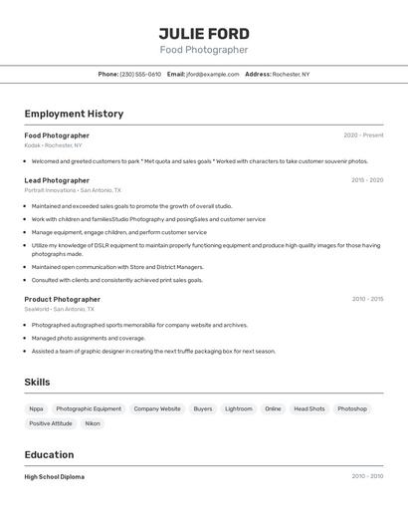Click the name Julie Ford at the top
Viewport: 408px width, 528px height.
(x=204, y=34)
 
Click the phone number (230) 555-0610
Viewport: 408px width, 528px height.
(x=140, y=74)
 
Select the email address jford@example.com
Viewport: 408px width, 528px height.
(x=212, y=74)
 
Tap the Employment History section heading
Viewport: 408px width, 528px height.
(x=74, y=114)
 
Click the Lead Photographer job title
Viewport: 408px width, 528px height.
(x=57, y=180)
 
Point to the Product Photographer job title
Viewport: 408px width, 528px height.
(x=62, y=299)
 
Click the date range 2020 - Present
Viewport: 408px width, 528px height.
(x=363, y=135)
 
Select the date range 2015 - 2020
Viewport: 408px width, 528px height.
(x=367, y=180)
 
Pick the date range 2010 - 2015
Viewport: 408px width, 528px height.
(x=367, y=299)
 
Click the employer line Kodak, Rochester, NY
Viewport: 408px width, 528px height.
(x=53, y=145)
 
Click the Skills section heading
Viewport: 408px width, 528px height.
(x=37, y=382)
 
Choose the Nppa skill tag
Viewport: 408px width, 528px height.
(x=36, y=408)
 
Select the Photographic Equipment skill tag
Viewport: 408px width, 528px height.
(x=89, y=408)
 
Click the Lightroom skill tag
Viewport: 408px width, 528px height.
(x=238, y=408)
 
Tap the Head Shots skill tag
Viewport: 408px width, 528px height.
(x=308, y=408)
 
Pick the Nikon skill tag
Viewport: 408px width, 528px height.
(x=93, y=423)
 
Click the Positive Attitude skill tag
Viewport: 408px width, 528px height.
(x=51, y=423)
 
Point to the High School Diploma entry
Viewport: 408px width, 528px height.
(x=54, y=477)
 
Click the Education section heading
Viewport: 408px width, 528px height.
(x=49, y=454)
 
